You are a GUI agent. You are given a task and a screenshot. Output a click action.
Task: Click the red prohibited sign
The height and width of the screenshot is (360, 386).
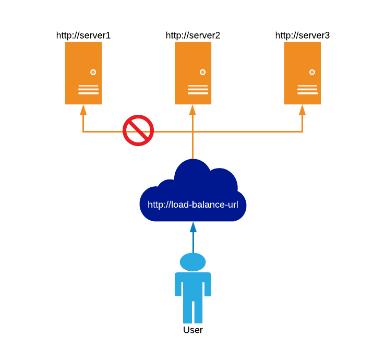click(138, 130)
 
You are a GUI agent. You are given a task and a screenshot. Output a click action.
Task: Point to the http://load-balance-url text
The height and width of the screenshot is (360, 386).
click(193, 205)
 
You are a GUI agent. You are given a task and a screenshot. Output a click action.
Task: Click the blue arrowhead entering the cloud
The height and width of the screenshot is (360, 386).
click(193, 227)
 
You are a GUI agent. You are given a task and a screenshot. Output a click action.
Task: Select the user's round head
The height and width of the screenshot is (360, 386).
click(193, 262)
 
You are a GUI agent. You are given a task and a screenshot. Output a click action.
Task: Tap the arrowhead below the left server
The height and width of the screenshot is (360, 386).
click(83, 110)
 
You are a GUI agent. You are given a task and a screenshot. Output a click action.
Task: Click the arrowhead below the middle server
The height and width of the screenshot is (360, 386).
click(192, 110)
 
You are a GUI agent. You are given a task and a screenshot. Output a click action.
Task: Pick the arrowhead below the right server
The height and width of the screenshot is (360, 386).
click(302, 110)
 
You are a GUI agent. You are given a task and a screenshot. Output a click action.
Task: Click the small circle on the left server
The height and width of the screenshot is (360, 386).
click(93, 72)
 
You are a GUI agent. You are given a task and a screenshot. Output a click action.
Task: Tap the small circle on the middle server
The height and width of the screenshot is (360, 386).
click(202, 72)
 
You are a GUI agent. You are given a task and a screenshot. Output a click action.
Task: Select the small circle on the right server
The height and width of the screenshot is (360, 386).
click(312, 72)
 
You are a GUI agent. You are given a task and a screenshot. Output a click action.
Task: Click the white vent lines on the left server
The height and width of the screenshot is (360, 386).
click(88, 90)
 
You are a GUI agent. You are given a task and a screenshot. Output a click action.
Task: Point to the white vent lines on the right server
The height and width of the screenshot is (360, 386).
click(307, 90)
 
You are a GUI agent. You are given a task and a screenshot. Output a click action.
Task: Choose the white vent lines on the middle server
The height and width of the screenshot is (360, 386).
click(198, 90)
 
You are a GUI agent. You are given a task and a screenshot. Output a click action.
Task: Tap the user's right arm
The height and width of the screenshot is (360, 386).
click(208, 284)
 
